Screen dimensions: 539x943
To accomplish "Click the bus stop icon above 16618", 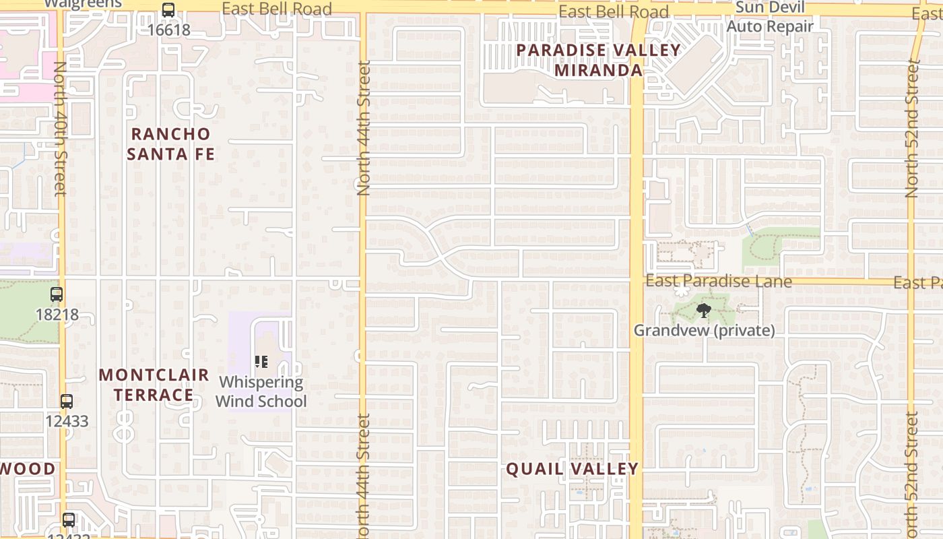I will pos(168,10).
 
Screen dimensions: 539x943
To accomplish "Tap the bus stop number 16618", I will pos(169,30).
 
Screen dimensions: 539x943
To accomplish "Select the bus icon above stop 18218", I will pos(57,294).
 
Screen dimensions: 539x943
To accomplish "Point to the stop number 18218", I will pos(57,314).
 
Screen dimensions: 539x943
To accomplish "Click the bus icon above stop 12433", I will pos(67,402).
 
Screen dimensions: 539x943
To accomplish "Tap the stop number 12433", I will pos(67,421).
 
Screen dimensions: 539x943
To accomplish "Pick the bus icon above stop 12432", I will pos(69,520).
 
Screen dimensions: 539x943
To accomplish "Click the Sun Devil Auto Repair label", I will pos(769,18).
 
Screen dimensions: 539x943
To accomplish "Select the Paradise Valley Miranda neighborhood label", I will pos(598,60).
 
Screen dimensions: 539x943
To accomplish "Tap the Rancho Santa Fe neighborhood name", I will pos(171,144).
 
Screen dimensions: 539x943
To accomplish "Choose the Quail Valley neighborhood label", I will pos(572,469).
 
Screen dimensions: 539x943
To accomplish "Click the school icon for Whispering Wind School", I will pos(262,362).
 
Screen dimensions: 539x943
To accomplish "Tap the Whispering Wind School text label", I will pos(261,391).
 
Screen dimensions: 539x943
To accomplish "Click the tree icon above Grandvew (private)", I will pos(704,311).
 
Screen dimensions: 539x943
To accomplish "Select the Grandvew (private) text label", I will pos(704,331).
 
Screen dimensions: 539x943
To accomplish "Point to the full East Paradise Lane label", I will pos(718,281).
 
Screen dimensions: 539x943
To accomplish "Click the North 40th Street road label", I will pos(59,128).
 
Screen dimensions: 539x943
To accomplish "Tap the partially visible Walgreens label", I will pos(83,3).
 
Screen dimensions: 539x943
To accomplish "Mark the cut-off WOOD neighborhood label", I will pos(28,469).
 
